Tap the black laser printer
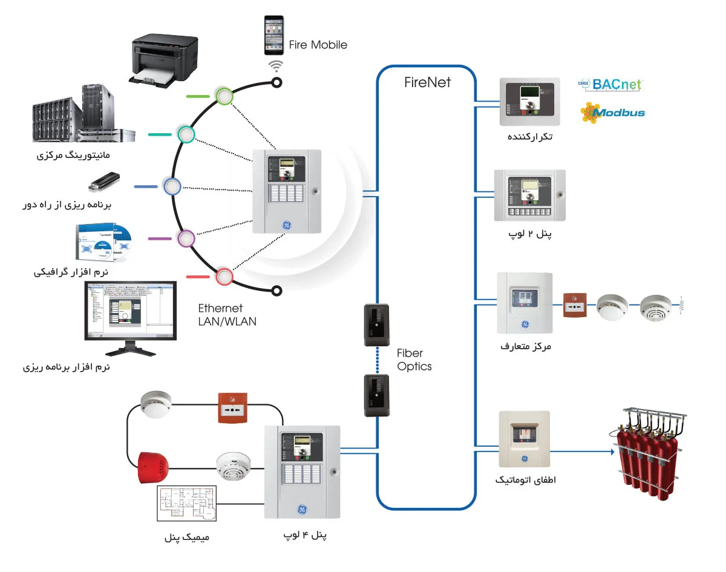(x=165, y=59)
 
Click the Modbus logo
(x=612, y=113)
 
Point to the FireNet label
(x=427, y=82)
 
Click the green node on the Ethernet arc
(x=224, y=96)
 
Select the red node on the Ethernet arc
(x=224, y=277)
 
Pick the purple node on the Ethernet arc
(x=186, y=238)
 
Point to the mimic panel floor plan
(x=186, y=503)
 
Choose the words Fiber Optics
(x=414, y=360)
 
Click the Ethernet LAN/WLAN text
(x=227, y=315)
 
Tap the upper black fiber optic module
(x=376, y=324)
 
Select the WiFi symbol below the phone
(x=276, y=65)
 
